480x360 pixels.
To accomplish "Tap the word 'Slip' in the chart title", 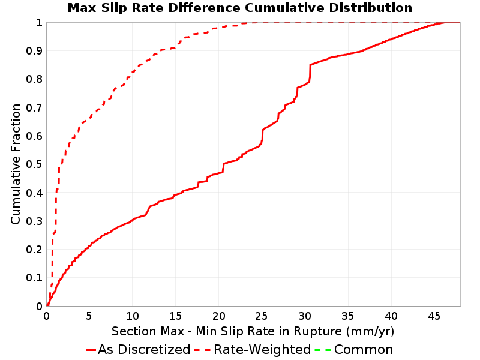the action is point(114,8).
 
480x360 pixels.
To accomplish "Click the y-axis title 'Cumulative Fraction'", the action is point(16,164).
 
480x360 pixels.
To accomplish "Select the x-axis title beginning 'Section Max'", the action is point(253,331).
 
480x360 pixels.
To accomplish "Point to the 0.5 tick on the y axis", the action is point(34,164).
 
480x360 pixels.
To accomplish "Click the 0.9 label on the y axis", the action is point(34,51).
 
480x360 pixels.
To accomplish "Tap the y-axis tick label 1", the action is point(39,23).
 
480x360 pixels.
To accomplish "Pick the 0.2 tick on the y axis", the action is point(34,250).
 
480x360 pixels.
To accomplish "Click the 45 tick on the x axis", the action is point(434,316).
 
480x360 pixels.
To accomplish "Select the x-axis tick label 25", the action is point(262,316).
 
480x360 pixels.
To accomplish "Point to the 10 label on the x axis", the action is point(132,316).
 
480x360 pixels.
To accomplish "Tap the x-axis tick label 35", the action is point(348,316).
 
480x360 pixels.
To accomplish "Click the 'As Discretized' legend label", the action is point(144,350).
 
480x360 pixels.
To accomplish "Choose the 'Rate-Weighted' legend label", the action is point(262,350).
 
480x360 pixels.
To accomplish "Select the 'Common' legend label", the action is point(364,350).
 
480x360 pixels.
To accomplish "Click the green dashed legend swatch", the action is point(323,350).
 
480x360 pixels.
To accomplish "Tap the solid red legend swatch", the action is point(91,350).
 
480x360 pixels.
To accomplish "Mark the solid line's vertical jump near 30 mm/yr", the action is point(310,73).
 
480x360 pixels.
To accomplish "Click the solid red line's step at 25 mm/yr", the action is point(262,136).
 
